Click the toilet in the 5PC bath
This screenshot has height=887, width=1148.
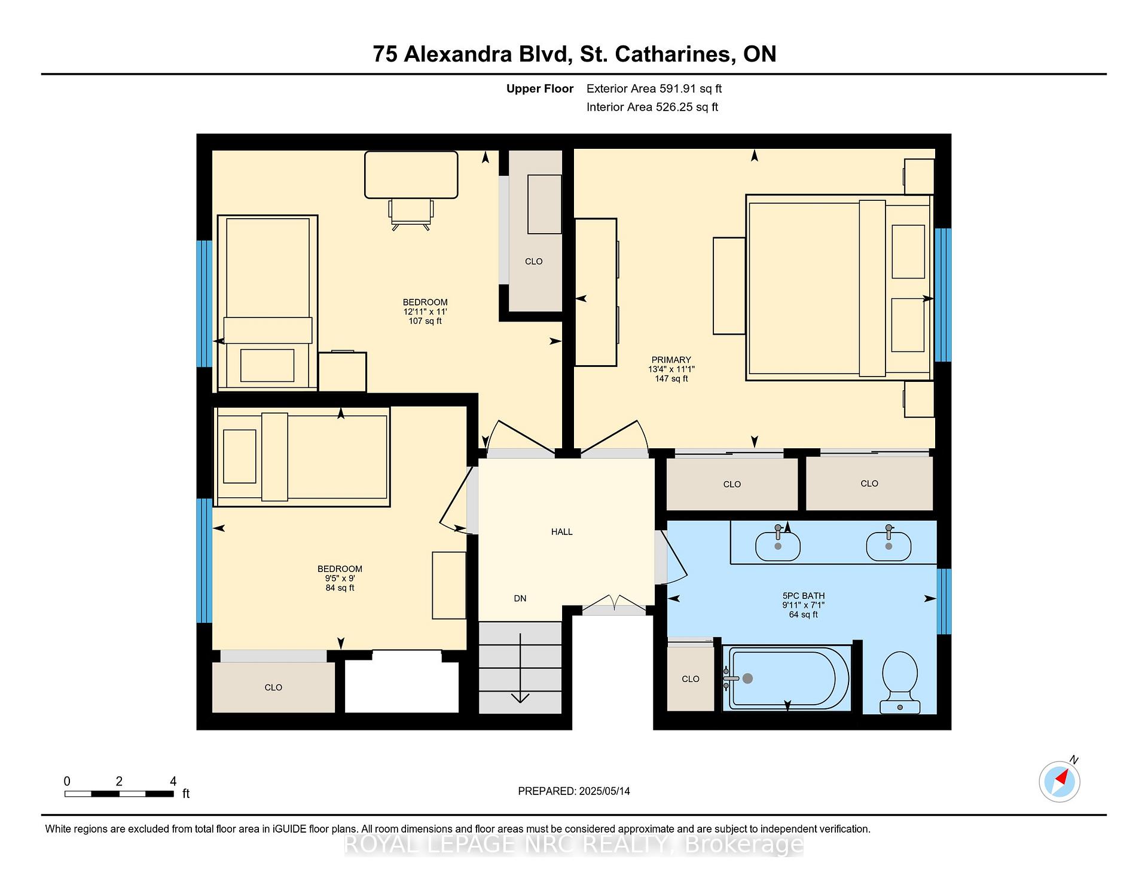click(x=900, y=682)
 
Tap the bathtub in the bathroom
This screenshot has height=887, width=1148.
click(x=786, y=678)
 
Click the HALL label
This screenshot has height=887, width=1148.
click(x=562, y=531)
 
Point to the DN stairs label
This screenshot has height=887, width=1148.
click(x=520, y=598)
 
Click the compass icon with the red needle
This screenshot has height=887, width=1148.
click(x=1060, y=781)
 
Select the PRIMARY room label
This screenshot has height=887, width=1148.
click(x=671, y=360)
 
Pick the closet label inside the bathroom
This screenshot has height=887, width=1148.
click(x=691, y=679)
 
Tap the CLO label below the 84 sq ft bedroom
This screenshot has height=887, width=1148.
click(x=273, y=687)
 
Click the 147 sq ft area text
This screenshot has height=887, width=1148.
click(x=671, y=378)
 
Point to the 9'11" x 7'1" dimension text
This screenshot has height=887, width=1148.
click(x=804, y=605)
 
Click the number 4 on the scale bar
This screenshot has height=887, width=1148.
click(x=173, y=781)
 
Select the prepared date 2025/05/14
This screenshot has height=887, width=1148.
click(x=604, y=791)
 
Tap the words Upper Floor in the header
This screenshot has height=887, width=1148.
click(x=540, y=88)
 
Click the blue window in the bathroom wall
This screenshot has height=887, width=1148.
click(x=944, y=601)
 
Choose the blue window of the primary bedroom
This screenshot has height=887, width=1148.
click(x=943, y=295)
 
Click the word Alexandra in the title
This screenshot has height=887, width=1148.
click(x=459, y=54)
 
